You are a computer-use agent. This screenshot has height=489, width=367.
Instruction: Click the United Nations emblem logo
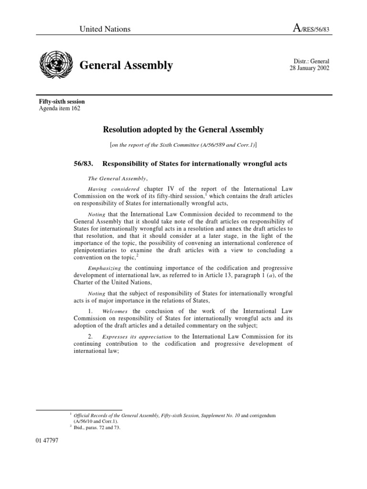[x=56, y=64]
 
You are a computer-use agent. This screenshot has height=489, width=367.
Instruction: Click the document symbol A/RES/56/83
[x=311, y=29]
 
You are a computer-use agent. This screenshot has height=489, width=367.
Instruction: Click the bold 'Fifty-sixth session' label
[x=62, y=102]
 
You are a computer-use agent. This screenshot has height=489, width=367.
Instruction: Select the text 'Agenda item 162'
[x=60, y=108]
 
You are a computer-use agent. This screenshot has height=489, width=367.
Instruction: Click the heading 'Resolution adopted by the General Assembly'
[x=183, y=129]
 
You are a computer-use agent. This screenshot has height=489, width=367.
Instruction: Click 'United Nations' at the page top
[x=105, y=29]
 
